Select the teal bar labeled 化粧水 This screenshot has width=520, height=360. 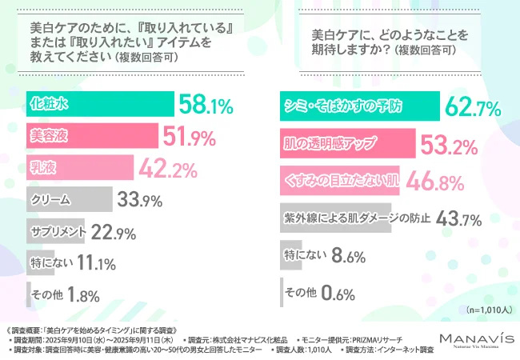pyautogui.click(x=100, y=104)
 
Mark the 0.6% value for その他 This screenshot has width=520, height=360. pyautogui.click(x=337, y=294)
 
